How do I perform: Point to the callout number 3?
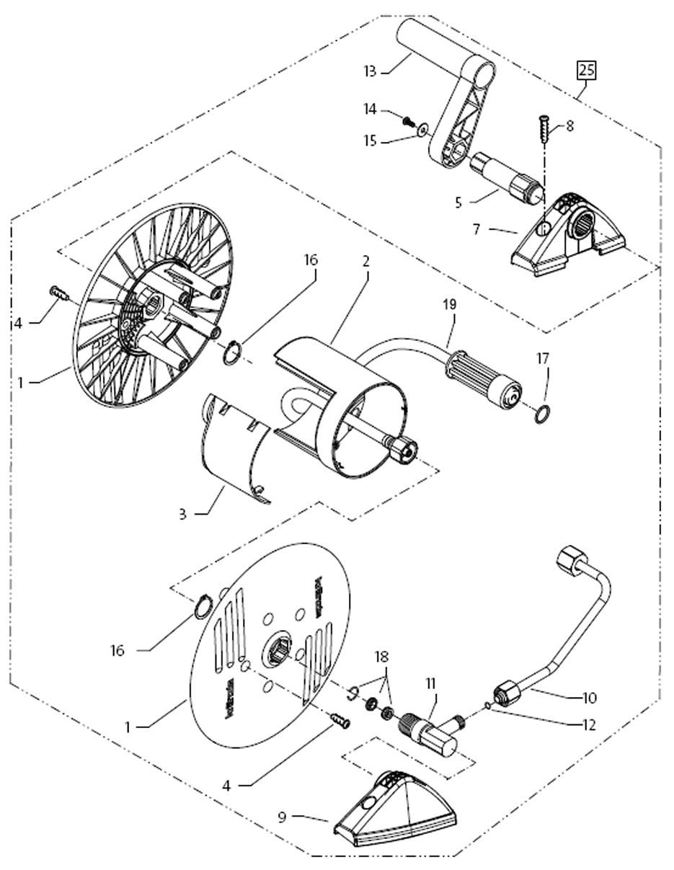pos(182,514)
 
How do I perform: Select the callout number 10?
pos(590,698)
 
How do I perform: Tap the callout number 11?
pos(431,681)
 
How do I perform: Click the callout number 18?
pos(381,657)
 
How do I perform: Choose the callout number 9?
pos(283,817)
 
